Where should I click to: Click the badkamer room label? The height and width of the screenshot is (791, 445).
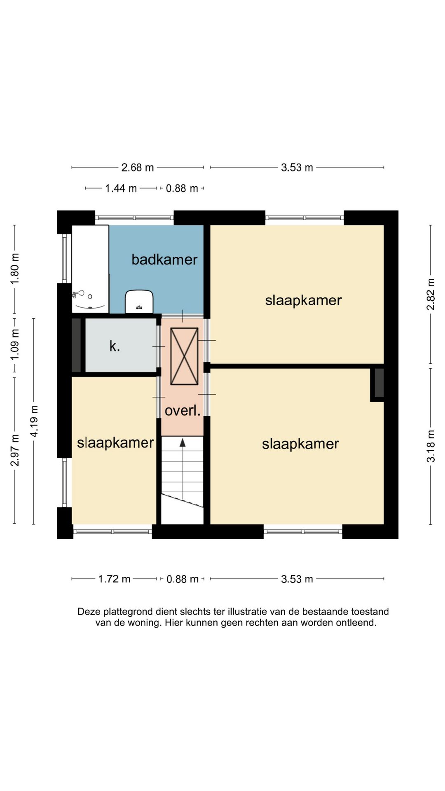(164, 260)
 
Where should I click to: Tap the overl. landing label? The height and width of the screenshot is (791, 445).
(183, 410)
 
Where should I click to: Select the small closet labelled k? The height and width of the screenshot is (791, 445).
(121, 346)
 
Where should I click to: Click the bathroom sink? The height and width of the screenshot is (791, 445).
(139, 302)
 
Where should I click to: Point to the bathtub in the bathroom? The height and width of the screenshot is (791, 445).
(90, 269)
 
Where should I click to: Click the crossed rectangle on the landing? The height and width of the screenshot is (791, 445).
(184, 356)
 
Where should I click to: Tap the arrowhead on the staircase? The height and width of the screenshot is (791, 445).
(183, 442)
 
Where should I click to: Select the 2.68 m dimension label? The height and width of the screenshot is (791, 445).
(138, 168)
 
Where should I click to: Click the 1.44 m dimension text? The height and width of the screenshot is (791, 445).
(121, 189)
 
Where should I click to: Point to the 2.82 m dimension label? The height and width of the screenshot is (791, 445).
(431, 294)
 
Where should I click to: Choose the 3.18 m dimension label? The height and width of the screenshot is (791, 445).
(431, 446)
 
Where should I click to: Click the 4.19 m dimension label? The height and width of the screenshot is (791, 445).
(34, 421)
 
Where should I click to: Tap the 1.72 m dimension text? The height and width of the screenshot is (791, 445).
(114, 579)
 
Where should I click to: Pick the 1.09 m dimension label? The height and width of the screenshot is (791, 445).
(15, 344)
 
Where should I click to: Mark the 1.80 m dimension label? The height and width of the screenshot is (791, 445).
(15, 269)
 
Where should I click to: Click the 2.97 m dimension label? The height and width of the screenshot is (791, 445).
(15, 450)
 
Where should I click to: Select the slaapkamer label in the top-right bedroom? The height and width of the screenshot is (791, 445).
(303, 300)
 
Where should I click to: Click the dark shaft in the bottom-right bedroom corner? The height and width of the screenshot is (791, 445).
(379, 383)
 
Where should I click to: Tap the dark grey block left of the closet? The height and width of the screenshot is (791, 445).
(76, 345)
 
